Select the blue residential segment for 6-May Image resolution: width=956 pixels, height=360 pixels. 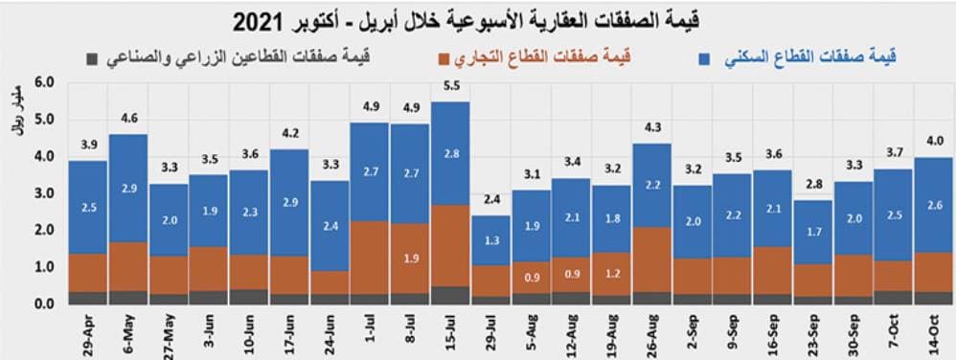pos(127,188)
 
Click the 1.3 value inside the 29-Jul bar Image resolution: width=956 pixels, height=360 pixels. pos(490,240)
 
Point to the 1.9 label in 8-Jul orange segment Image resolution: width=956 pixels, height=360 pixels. pos(410,259)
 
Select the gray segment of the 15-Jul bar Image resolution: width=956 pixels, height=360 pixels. pos(449,295)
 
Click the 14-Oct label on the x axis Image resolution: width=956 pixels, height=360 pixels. pos(934,331)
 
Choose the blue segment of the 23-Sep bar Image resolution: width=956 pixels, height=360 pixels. pos(813,232)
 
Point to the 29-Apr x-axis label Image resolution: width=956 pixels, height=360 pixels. pos(89,331)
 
